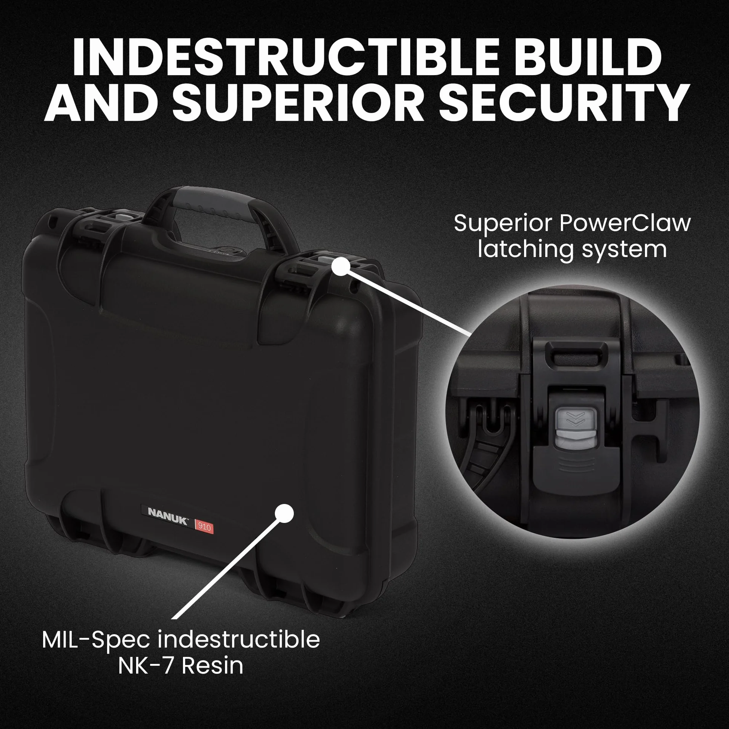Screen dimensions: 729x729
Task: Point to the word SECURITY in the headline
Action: point(563,102)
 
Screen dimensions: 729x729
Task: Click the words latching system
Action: point(572,250)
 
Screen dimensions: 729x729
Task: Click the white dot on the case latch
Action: point(341,266)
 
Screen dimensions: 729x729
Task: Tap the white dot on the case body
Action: point(285,513)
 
